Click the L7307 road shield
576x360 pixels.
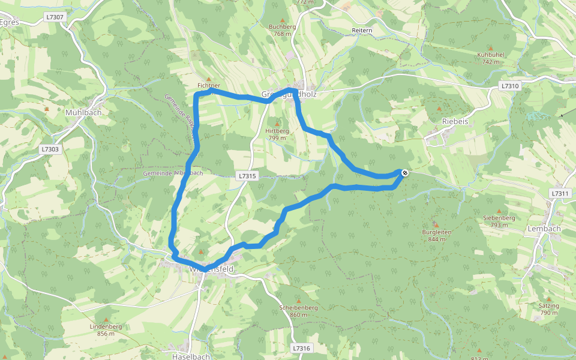pyautogui.click(x=56, y=17)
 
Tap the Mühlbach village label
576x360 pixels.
pyautogui.click(x=83, y=112)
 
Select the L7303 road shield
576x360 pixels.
pyautogui.click(x=51, y=149)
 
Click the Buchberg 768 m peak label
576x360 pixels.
pyautogui.click(x=282, y=30)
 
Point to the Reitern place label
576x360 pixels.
pyautogui.click(x=362, y=30)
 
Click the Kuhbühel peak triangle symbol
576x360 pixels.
pyautogui.click(x=490, y=47)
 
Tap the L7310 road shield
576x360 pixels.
pyautogui.click(x=510, y=86)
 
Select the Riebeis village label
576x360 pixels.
pyautogui.click(x=454, y=121)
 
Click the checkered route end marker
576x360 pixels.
pyautogui.click(x=405, y=173)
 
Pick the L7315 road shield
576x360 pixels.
pyautogui.click(x=247, y=176)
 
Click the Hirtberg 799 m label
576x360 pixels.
pyautogui.click(x=277, y=134)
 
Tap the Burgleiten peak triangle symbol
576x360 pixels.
pyautogui.click(x=436, y=225)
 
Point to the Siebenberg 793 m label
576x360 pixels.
pyautogui.click(x=499, y=221)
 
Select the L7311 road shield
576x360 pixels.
pyautogui.click(x=559, y=193)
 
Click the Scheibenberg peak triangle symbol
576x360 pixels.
pyautogui.click(x=298, y=301)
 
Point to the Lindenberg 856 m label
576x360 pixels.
pyautogui.click(x=106, y=330)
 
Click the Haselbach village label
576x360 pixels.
pyautogui.click(x=191, y=356)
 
